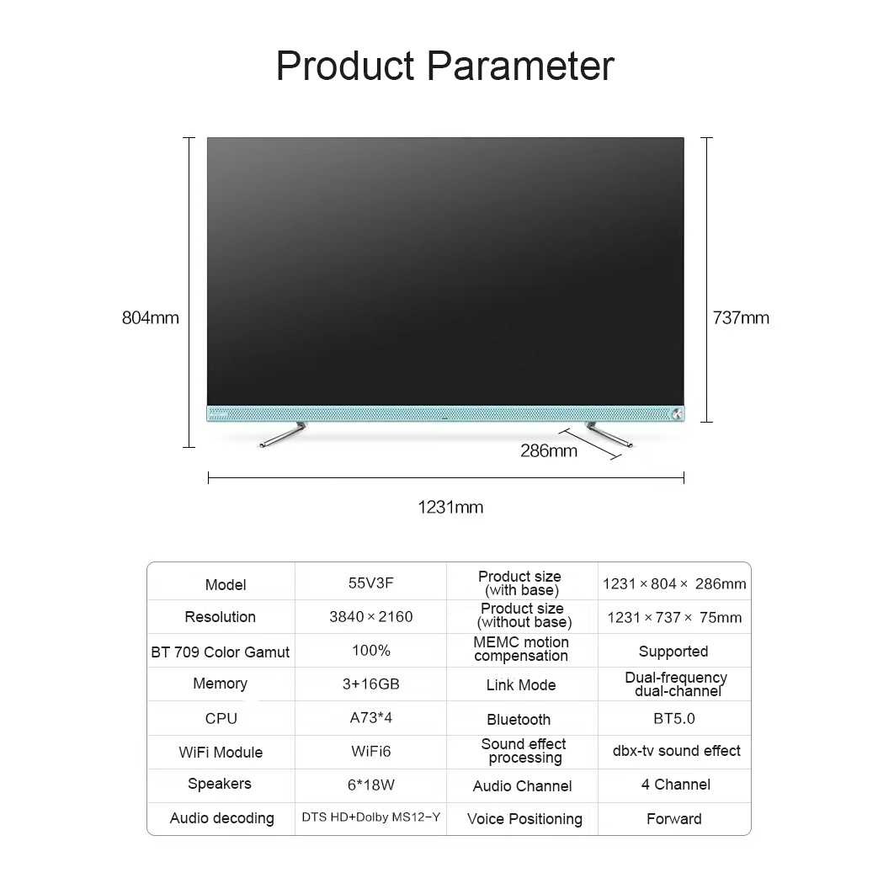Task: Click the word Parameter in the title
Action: tap(520, 67)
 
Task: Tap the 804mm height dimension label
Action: tap(151, 317)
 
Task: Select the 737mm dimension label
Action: tap(741, 317)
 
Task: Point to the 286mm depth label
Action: tap(549, 451)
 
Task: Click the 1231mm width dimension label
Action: tap(450, 507)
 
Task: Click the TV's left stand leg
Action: tap(284, 434)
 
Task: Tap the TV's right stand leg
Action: tap(609, 434)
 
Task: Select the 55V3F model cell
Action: tap(370, 583)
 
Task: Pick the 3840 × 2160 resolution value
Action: tap(370, 616)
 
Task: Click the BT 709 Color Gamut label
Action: tap(220, 652)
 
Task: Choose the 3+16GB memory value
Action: tap(370, 684)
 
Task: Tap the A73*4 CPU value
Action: tap(370, 717)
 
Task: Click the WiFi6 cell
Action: tap(370, 751)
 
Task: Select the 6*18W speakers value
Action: tap(370, 785)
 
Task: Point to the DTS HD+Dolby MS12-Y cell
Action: tap(370, 817)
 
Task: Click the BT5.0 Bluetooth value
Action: tap(674, 718)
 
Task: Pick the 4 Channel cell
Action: tap(676, 785)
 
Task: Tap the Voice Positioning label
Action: tap(524, 819)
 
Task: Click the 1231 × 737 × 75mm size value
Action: tap(674, 618)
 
